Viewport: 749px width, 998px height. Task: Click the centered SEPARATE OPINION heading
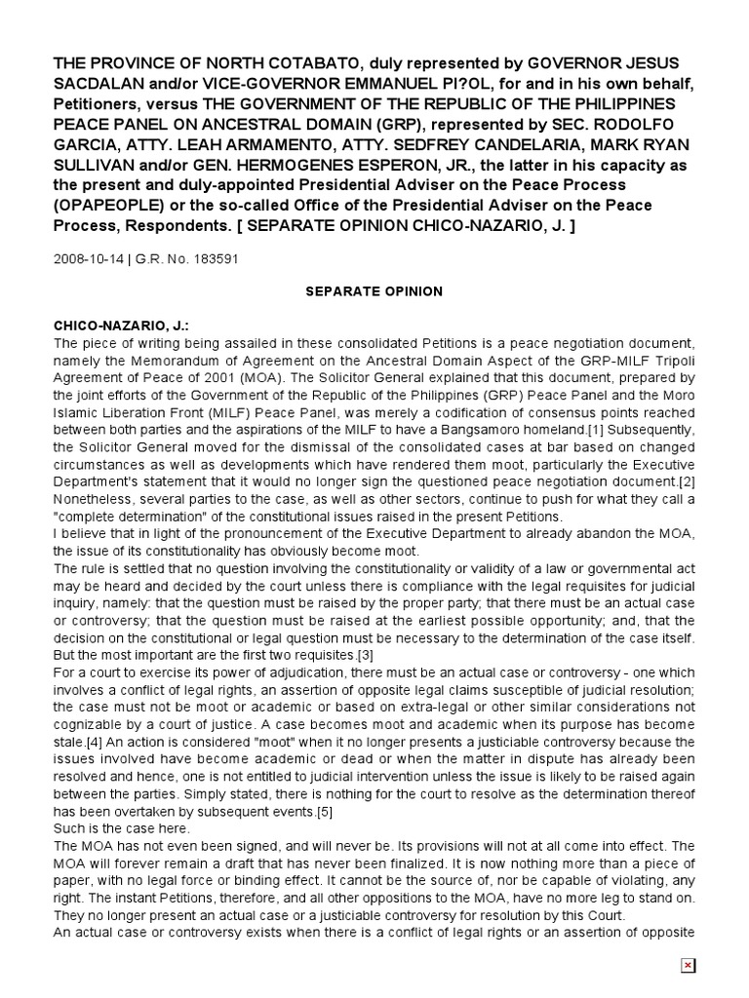coord(375,291)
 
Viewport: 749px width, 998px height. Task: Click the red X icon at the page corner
coord(688,965)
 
